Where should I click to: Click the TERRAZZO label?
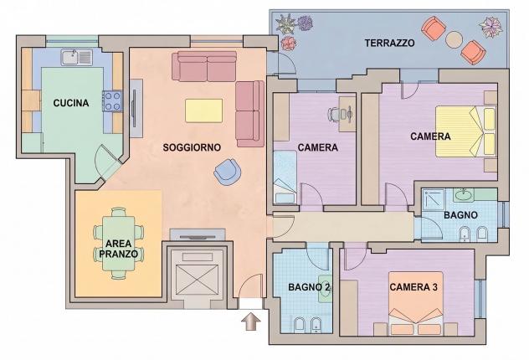pyautogui.click(x=389, y=44)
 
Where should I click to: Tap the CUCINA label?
pyautogui.click(x=71, y=103)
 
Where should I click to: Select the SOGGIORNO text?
pyautogui.click(x=192, y=147)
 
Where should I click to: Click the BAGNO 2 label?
pyautogui.click(x=309, y=287)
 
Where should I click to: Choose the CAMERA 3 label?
pyautogui.click(x=413, y=287)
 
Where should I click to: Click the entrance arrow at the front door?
pyautogui.click(x=251, y=321)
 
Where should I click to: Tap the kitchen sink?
pyautogui.click(x=76, y=57)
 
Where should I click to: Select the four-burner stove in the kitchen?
pyautogui.click(x=112, y=100)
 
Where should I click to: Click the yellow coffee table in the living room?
pyautogui.click(x=203, y=111)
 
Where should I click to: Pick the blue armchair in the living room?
pyautogui.click(x=228, y=172)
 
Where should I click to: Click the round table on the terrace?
pyautogui.click(x=454, y=39)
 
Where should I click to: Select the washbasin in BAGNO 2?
pyautogui.click(x=325, y=287)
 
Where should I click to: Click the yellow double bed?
pyautogui.click(x=465, y=131)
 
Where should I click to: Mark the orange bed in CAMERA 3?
pyautogui.click(x=416, y=303)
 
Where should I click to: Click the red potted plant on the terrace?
pyautogui.click(x=289, y=44)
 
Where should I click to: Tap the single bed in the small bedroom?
pyautogui.click(x=285, y=177)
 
